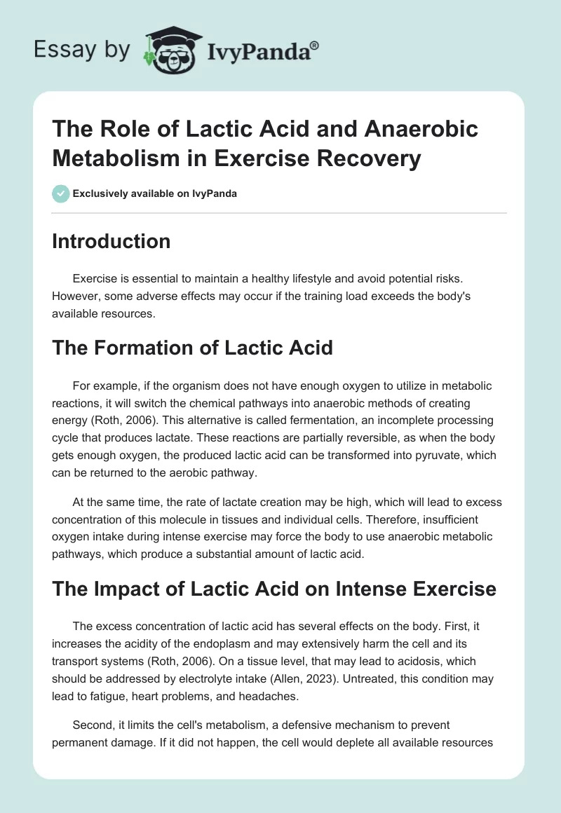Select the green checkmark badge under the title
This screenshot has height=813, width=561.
tap(60, 193)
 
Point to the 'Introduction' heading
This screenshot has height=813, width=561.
tap(111, 241)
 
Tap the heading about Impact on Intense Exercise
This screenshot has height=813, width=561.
tap(273, 589)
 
